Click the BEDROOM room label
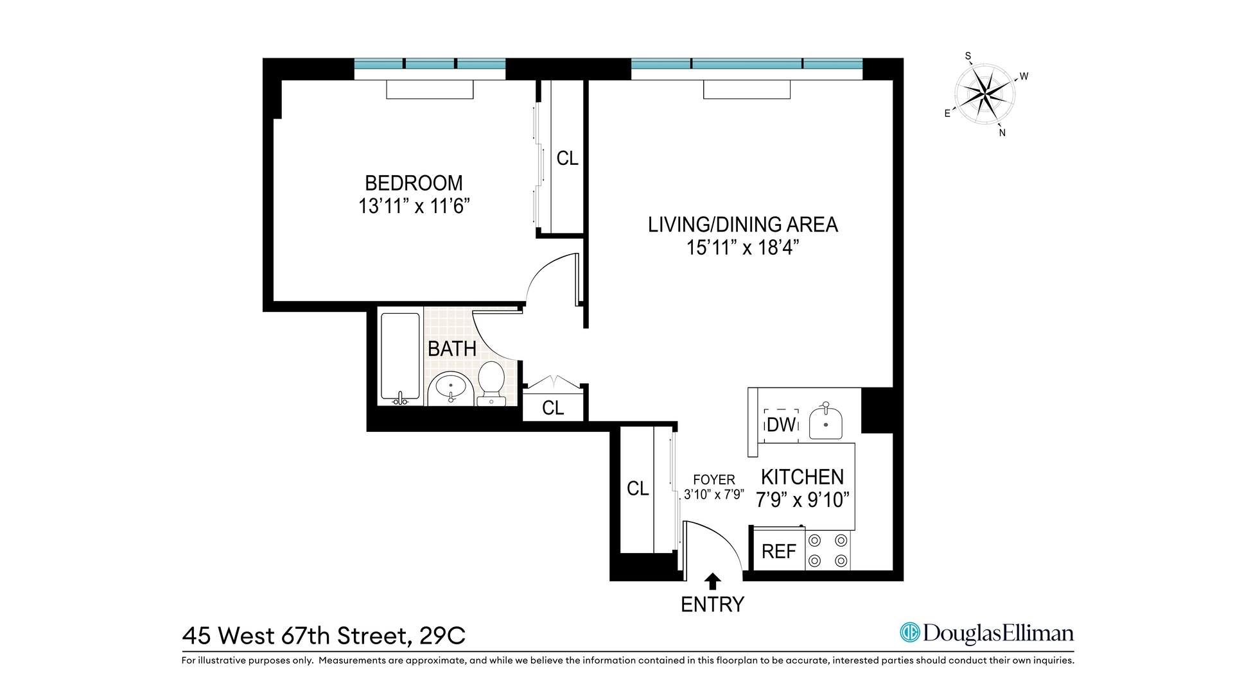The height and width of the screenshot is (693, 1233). (x=414, y=184)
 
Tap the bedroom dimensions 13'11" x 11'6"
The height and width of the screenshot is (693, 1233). (x=414, y=207)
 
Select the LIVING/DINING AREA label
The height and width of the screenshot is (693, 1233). (x=742, y=225)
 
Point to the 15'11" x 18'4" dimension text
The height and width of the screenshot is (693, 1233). (x=742, y=248)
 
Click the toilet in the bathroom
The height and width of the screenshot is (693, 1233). (x=491, y=382)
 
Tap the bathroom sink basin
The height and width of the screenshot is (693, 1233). (x=451, y=388)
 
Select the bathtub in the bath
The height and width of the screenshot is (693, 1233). (x=400, y=357)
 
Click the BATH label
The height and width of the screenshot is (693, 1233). (x=451, y=349)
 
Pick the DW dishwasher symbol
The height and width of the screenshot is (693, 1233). (x=781, y=425)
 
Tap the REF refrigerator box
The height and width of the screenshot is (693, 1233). (x=778, y=551)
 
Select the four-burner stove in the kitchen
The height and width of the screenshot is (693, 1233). (x=828, y=551)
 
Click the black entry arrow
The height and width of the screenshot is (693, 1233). (x=712, y=581)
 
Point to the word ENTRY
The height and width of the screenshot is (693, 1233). (x=712, y=604)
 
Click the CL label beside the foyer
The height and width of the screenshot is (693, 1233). (x=638, y=489)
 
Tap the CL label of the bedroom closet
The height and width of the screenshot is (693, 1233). (x=567, y=158)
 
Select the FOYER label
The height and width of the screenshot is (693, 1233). (x=713, y=480)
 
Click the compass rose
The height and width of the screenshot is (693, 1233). (x=984, y=94)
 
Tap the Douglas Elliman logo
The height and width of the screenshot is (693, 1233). (x=986, y=633)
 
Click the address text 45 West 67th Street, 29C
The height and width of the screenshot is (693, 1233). (x=324, y=636)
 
